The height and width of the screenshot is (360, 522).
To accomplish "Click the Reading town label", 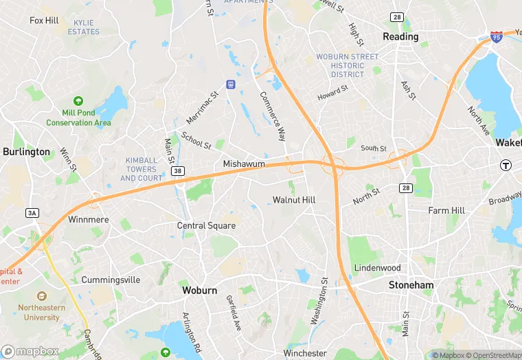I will point(400,36).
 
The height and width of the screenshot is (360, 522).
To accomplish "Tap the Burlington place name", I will point(26,152).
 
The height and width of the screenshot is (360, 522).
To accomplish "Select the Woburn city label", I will point(200,291).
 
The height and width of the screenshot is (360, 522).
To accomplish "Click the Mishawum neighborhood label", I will point(244,164).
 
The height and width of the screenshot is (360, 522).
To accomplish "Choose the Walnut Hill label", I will point(294,200).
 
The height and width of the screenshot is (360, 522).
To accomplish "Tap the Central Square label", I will point(207,225).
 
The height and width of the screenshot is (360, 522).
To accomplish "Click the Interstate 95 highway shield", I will point(496,36).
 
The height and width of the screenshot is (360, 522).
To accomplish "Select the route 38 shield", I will point(178,171).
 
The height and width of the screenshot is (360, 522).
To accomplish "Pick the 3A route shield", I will point(32,213).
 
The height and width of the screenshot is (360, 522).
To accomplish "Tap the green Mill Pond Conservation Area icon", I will point(78,101).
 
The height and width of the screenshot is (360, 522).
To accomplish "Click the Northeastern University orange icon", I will point(43,296).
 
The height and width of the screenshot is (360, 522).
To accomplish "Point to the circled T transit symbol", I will point(506,165).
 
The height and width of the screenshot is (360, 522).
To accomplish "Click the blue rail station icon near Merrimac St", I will point(230,85).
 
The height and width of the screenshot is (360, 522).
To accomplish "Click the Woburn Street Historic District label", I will point(347,65).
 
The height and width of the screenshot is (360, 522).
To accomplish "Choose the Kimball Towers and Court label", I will point(141,169).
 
